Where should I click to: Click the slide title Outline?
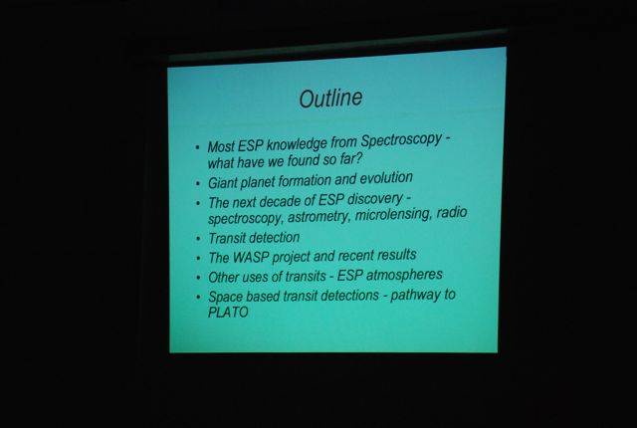pyautogui.click(x=330, y=99)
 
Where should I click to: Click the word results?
pyautogui.click(x=397, y=255)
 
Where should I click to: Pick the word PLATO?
pyautogui.click(x=228, y=313)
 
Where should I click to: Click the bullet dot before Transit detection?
pyautogui.click(x=198, y=240)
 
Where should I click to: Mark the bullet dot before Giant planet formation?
pyautogui.click(x=198, y=184)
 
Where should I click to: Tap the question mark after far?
pyautogui.click(x=358, y=158)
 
